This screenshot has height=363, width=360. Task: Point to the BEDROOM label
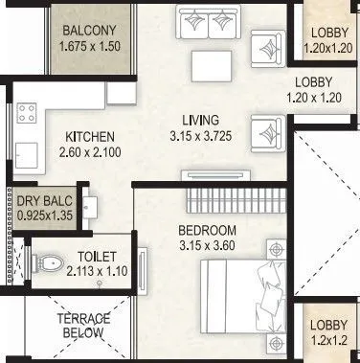coord(208,231)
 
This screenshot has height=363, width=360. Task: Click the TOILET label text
coord(98,258)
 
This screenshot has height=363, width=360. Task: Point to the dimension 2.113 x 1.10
coord(98,271)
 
